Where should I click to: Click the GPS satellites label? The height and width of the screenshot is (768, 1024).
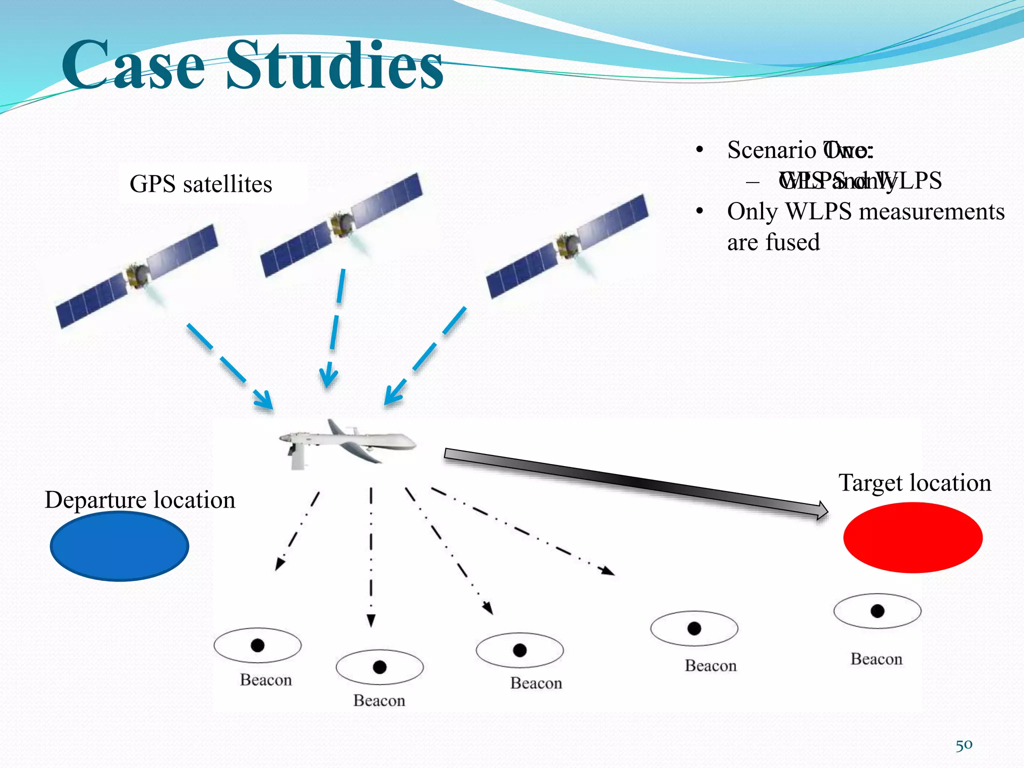[x=200, y=184]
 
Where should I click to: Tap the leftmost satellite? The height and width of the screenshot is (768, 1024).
[x=136, y=276]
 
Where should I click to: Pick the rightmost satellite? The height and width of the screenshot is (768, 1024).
[x=567, y=246]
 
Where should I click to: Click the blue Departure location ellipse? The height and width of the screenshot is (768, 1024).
[x=119, y=546]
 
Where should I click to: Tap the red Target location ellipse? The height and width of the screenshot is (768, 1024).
[x=912, y=537]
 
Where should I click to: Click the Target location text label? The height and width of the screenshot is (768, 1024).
[x=914, y=483]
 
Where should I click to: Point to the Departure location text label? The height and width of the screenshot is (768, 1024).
[x=139, y=500]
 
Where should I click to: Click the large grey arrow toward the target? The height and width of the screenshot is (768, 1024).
[x=635, y=483]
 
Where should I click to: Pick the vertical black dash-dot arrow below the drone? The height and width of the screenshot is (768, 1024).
[x=371, y=555]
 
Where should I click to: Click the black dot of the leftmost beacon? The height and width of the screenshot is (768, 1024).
[x=257, y=645]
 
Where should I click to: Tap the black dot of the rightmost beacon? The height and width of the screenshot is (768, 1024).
[x=877, y=611]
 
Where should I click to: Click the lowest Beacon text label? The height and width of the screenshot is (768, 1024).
[x=379, y=700]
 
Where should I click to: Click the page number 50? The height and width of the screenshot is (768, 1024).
[x=964, y=745]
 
